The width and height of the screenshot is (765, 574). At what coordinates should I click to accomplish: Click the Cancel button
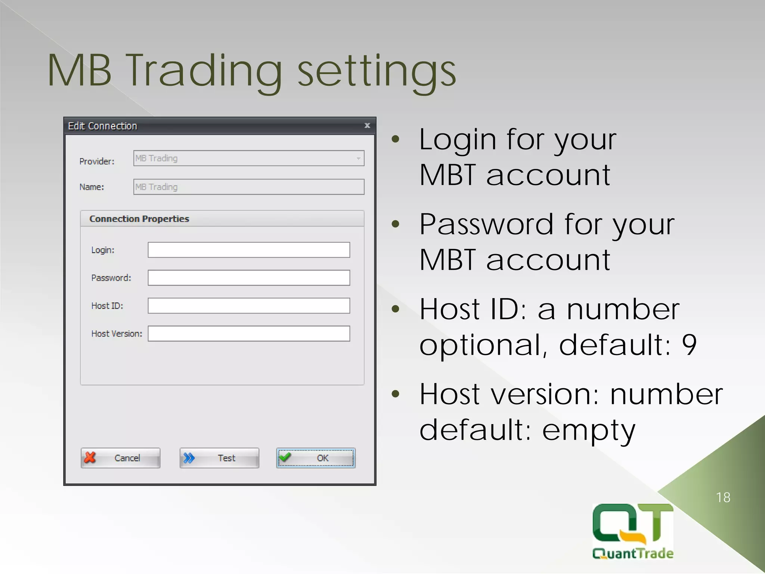tap(120, 458)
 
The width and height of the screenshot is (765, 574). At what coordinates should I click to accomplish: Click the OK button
tap(316, 458)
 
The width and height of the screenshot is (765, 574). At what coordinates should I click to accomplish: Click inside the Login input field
tap(249, 250)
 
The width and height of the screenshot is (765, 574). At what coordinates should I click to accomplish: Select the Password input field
tap(249, 278)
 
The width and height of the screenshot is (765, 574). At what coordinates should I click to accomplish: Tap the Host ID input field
tap(249, 306)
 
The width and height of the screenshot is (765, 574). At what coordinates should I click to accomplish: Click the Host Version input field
tap(249, 333)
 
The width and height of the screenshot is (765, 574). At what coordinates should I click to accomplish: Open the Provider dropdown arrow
tap(358, 158)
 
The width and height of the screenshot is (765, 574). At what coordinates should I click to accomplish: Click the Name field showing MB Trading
tap(249, 187)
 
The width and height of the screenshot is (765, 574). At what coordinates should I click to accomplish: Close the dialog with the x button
tap(367, 126)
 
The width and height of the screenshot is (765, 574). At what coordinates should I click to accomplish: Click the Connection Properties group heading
tap(139, 219)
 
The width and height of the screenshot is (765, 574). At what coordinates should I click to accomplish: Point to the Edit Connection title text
tap(102, 126)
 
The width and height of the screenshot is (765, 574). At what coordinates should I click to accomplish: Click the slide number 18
tap(723, 497)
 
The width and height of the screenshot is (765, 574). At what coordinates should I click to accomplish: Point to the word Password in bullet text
tap(486, 224)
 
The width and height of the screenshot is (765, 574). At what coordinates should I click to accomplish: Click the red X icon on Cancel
tap(90, 457)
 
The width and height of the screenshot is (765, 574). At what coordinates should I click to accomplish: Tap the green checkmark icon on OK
tap(285, 457)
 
